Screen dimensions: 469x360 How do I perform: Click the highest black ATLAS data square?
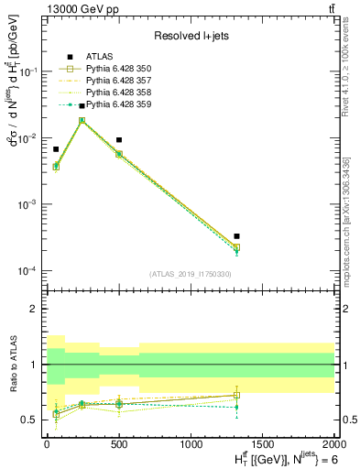click(82, 106)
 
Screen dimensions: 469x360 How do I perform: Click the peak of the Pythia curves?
click(82, 120)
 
